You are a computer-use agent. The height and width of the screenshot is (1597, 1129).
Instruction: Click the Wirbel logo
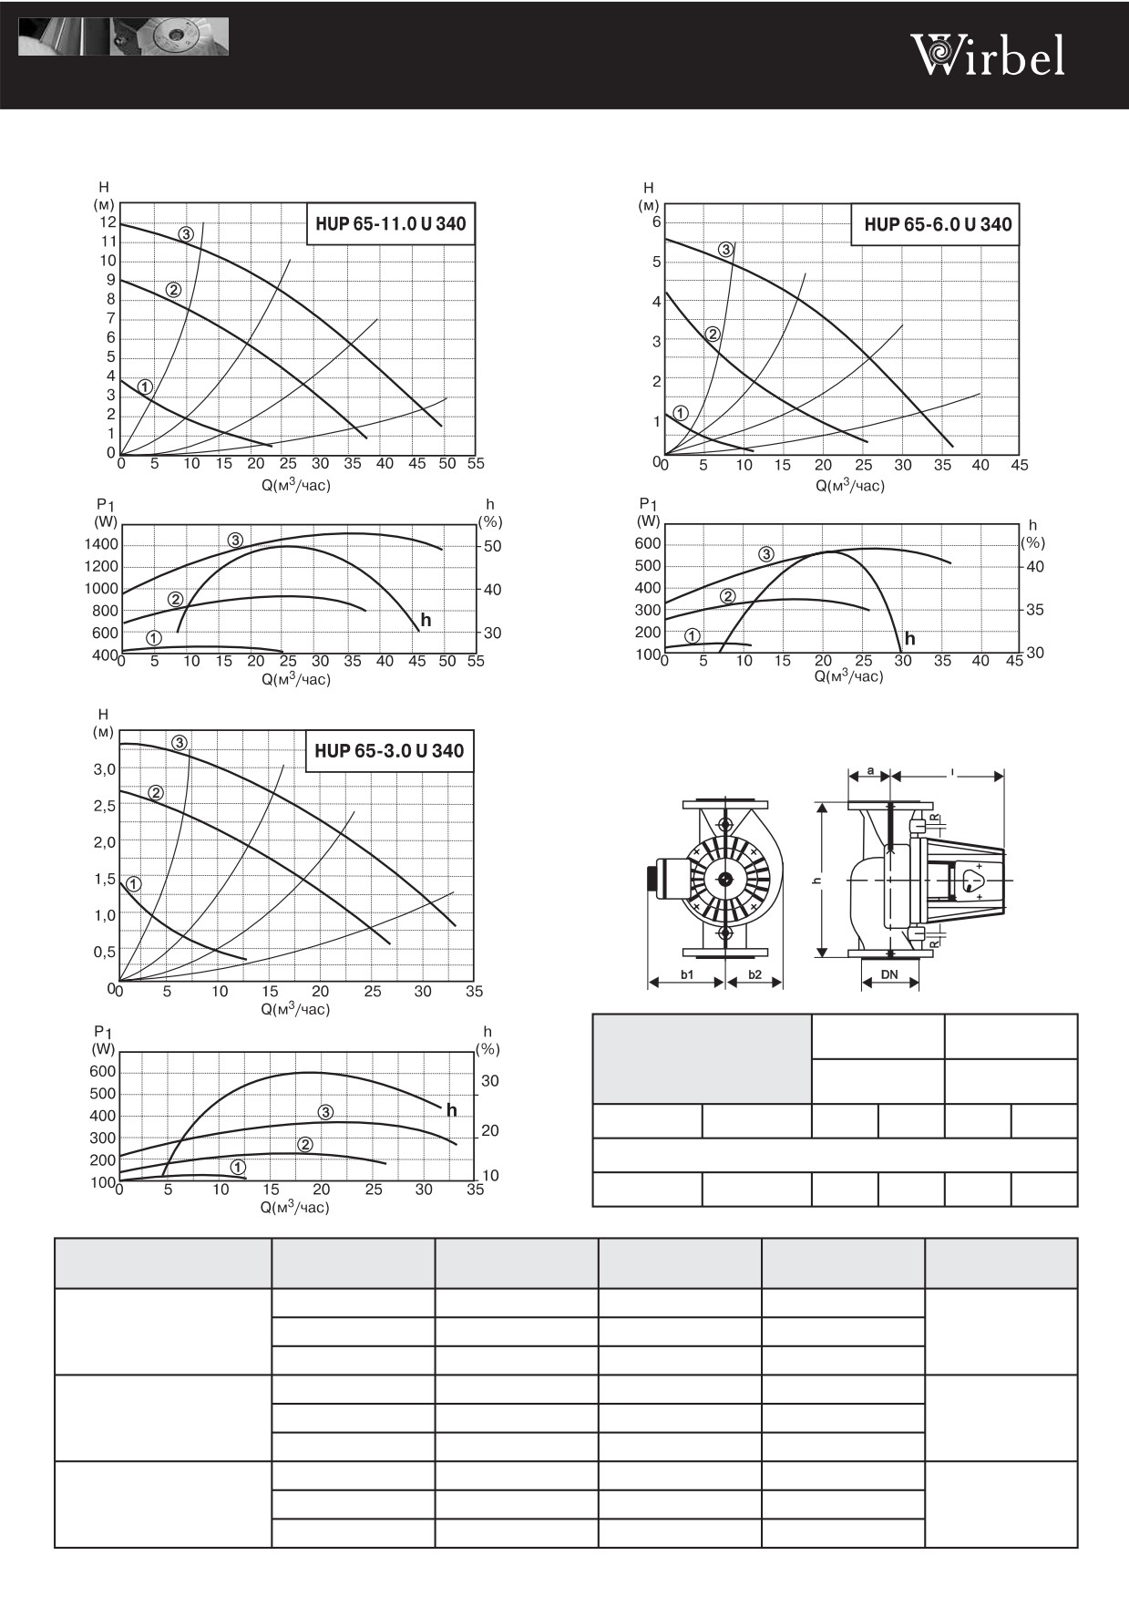click(x=988, y=56)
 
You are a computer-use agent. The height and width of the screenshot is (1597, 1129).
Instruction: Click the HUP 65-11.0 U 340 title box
click(x=391, y=224)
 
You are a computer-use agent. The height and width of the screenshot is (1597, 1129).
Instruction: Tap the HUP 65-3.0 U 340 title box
click(x=389, y=751)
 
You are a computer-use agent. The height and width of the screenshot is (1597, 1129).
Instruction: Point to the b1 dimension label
click(x=687, y=974)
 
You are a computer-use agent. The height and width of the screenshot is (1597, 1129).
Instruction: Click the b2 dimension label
click(x=754, y=974)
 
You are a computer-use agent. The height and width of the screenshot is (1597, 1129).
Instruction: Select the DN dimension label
click(x=889, y=974)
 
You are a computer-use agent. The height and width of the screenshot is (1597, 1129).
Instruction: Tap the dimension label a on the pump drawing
click(x=870, y=771)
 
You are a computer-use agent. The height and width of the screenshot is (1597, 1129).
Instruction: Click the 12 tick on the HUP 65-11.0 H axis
click(x=108, y=222)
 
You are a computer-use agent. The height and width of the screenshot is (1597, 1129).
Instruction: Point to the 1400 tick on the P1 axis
click(x=101, y=544)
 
